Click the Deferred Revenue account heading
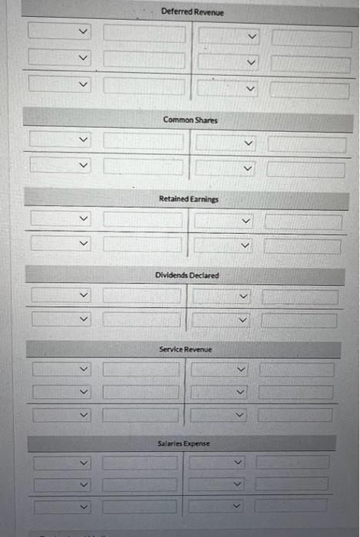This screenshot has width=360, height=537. (x=193, y=12)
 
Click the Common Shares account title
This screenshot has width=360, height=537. (x=190, y=120)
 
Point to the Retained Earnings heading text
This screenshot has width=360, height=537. (x=189, y=199)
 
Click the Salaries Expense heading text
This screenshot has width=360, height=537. (x=184, y=443)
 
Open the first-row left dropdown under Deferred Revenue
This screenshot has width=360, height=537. (x=60, y=32)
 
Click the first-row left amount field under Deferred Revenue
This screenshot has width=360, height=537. (x=145, y=34)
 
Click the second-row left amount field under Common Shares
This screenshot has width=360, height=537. (x=144, y=165)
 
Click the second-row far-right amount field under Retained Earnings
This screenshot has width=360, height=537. (x=302, y=245)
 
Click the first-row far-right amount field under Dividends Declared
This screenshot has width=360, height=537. (x=299, y=297)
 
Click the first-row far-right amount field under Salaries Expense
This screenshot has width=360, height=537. (x=293, y=463)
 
